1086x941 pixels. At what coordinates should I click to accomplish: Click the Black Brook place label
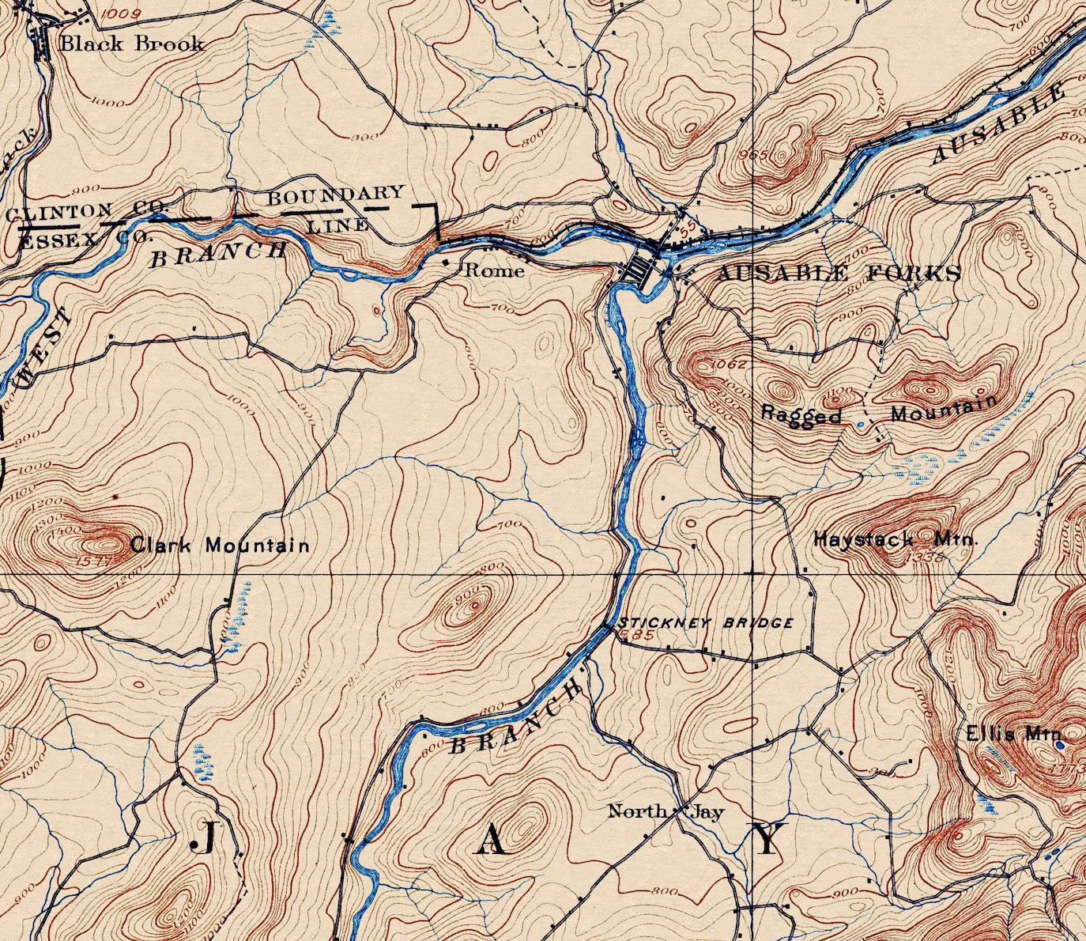(131, 43)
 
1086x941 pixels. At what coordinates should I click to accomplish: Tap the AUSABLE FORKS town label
(838, 274)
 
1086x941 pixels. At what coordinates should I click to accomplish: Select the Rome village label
(494, 270)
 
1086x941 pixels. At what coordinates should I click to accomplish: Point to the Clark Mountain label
(219, 545)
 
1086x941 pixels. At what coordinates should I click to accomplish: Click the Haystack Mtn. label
(896, 540)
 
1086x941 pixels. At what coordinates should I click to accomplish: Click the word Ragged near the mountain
(801, 414)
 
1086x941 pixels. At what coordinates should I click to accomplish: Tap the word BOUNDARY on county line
(335, 195)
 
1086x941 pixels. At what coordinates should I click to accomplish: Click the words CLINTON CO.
(87, 210)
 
